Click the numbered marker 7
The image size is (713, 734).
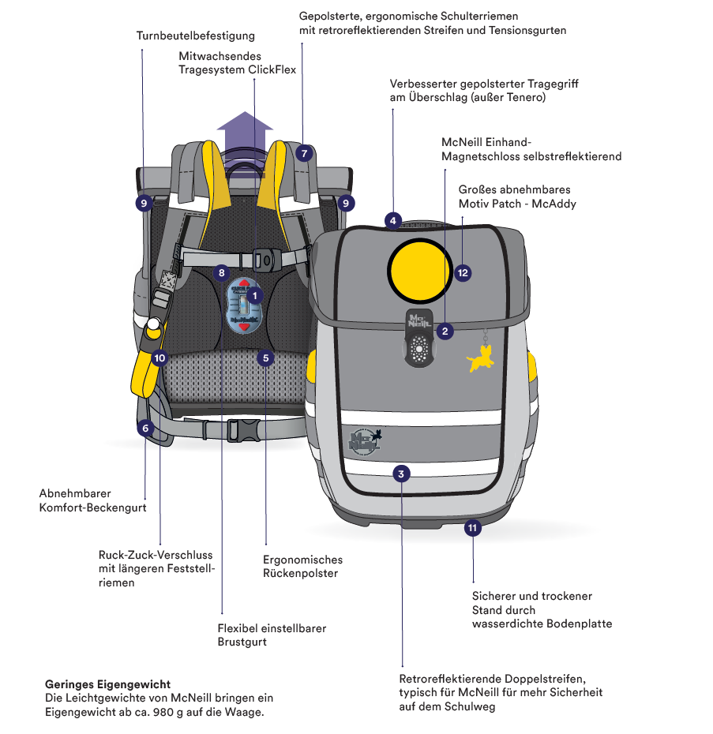pyautogui.click(x=304, y=153)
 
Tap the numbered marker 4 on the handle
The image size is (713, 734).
pyautogui.click(x=393, y=220)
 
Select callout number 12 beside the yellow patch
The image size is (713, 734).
pyautogui.click(x=463, y=273)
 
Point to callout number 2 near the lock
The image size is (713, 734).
pyautogui.click(x=445, y=331)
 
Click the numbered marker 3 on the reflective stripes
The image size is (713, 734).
pyautogui.click(x=402, y=474)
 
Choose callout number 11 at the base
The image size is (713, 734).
pyautogui.click(x=473, y=528)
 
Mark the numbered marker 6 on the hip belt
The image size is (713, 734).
pyautogui.click(x=145, y=429)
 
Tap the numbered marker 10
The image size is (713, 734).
pyautogui.click(x=160, y=358)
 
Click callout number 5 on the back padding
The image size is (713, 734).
pyautogui.click(x=266, y=358)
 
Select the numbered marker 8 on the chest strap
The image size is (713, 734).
pyautogui.click(x=222, y=273)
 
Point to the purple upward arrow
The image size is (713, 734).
pyautogui.click(x=246, y=128)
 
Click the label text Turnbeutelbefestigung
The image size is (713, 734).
pyautogui.click(x=196, y=36)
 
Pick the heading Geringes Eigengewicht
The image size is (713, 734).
pyautogui.click(x=108, y=684)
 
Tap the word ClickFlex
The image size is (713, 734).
pyautogui.click(x=272, y=69)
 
